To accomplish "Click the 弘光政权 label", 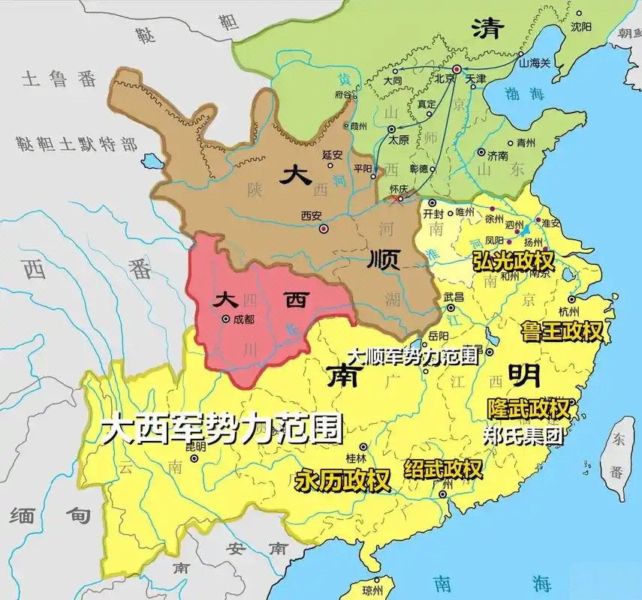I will pos(513,260).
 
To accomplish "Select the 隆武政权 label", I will pos(527,409).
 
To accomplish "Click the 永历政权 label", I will pos(342,480).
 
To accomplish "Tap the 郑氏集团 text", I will pos(523,435).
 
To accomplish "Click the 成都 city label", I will pos(245,319).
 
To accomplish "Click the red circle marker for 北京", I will pos(456,68).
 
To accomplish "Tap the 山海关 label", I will pos(535,62).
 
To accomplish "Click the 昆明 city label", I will pos(194,447).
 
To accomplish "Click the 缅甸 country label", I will pos(49,515).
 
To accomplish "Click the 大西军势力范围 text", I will pos(222,428).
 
